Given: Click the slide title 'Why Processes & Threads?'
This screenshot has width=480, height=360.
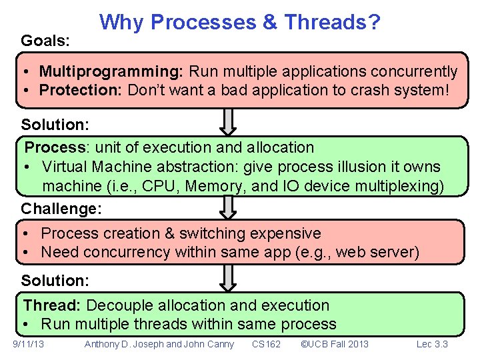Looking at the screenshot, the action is tap(240, 23).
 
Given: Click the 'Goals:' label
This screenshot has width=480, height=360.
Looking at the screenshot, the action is tap(45, 41).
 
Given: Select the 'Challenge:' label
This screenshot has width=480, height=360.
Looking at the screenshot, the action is tap(61, 209).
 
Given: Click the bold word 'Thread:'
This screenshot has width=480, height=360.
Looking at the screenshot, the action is tap(52, 305).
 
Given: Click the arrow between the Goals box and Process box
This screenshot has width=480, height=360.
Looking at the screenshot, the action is tap(228, 122).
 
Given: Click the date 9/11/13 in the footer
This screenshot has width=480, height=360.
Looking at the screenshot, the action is tap(29, 344).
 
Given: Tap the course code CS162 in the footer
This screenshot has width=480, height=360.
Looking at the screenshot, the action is tap(266, 344).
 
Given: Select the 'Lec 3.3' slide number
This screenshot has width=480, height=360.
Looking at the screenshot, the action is tap(432, 344).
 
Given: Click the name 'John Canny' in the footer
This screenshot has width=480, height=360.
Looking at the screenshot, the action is tap(209, 344).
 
